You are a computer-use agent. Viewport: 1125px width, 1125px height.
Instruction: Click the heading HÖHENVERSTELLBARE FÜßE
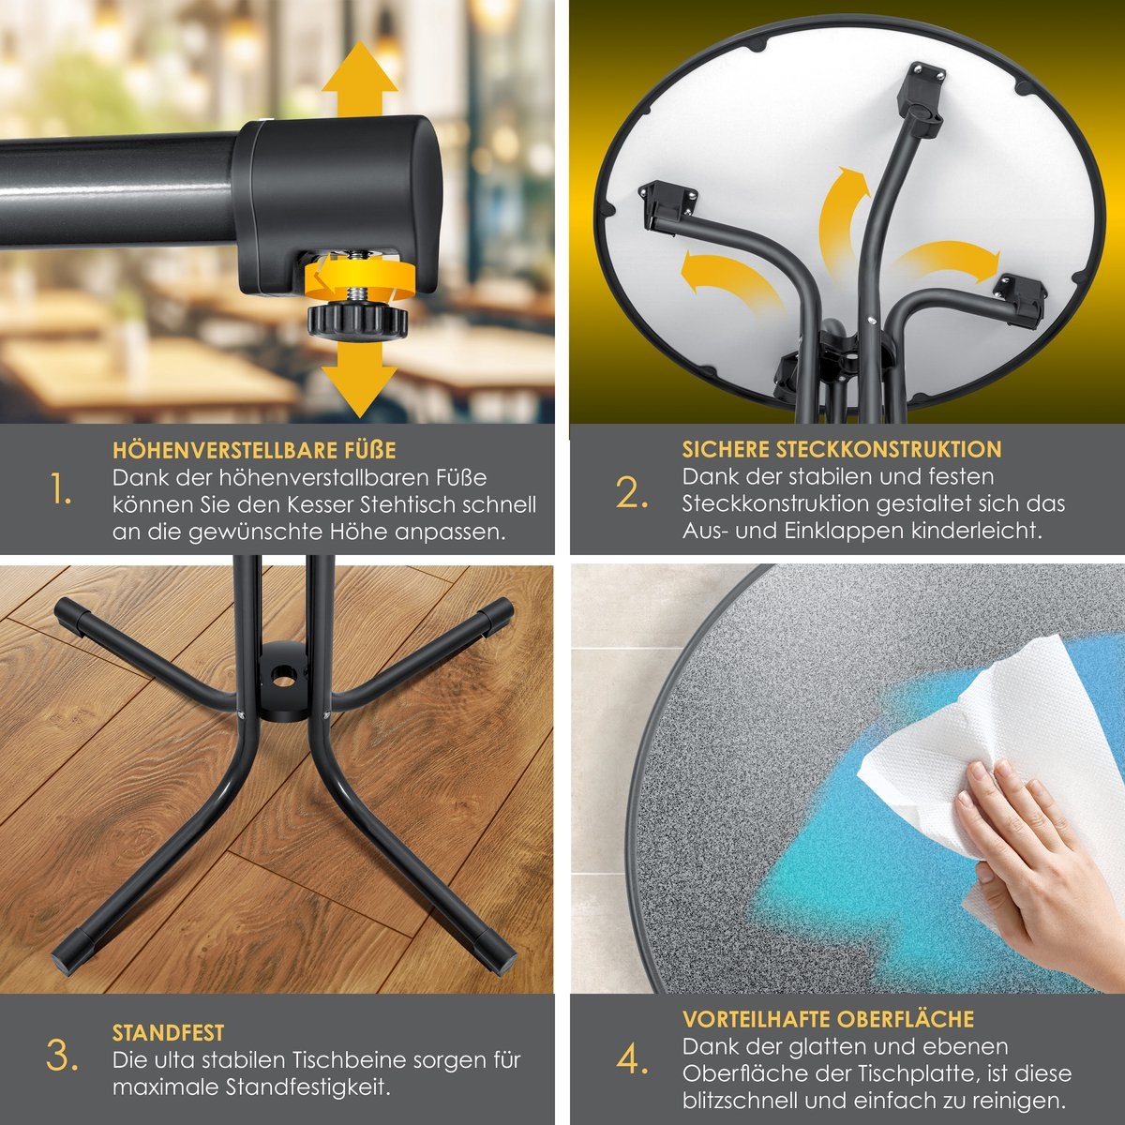254,450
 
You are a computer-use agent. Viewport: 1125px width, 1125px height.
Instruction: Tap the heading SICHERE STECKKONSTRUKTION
842,449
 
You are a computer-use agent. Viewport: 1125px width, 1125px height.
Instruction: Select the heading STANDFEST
168,1033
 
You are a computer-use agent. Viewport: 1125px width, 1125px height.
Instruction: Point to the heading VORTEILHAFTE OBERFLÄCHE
828,1019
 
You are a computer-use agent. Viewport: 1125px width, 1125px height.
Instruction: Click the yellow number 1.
61,488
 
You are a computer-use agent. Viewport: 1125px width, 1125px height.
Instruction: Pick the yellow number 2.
632,492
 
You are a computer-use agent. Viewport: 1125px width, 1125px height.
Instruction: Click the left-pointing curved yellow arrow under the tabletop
729,280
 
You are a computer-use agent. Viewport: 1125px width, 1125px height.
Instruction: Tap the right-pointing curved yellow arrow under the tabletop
946,261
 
